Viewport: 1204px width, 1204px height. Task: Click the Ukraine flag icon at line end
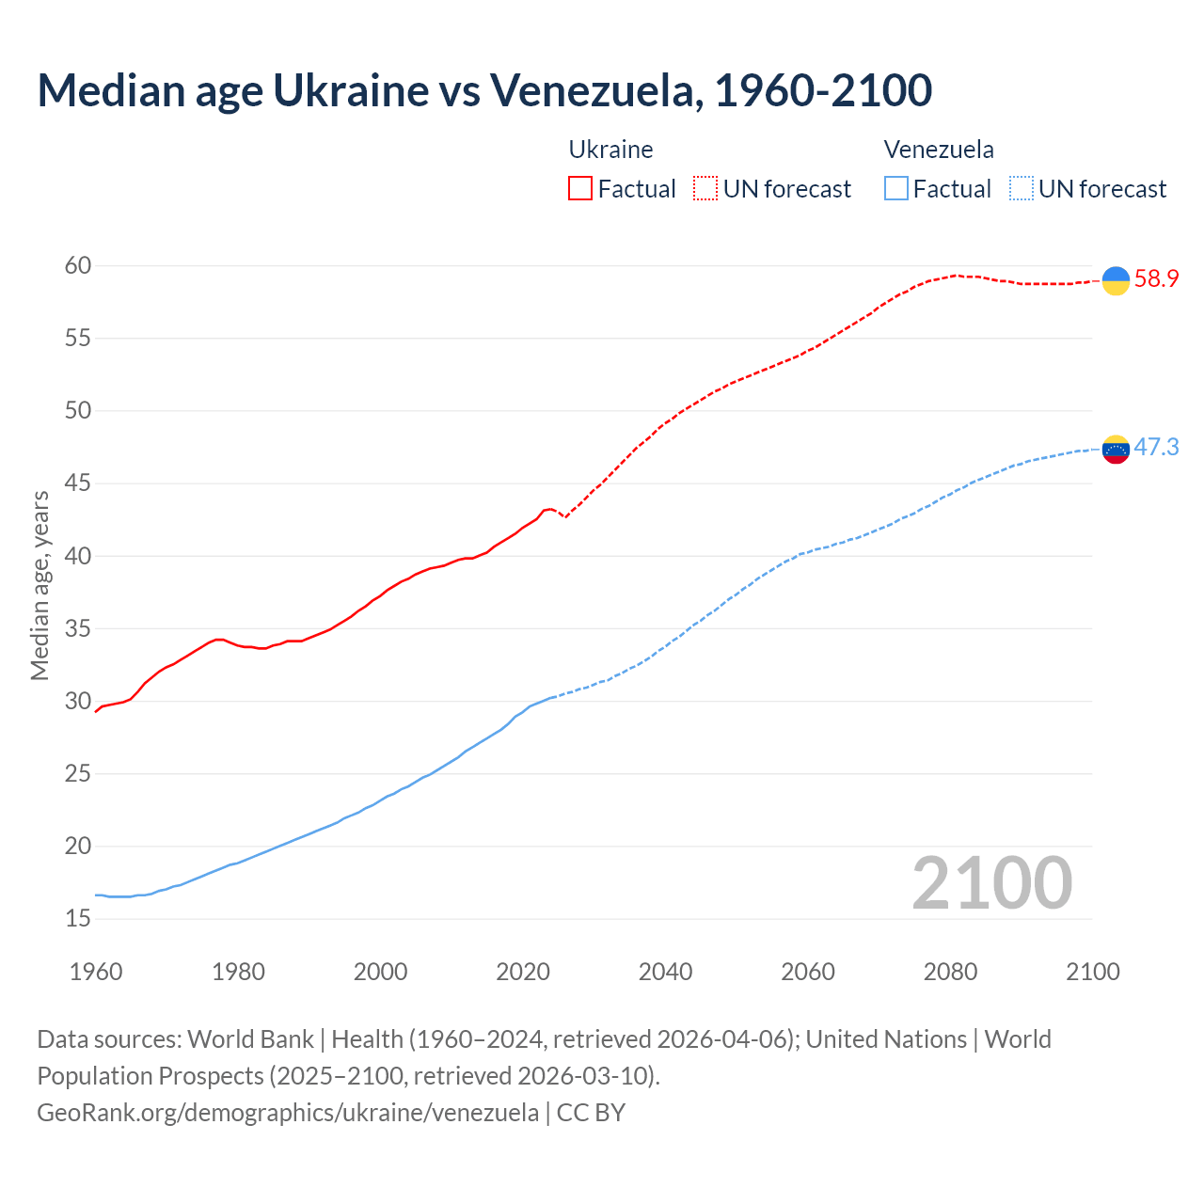[x=1116, y=280]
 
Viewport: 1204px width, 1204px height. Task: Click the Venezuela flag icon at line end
[x=1116, y=449]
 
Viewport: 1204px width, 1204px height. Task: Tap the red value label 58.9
[x=1156, y=279]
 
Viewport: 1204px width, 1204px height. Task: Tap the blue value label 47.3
[x=1156, y=447]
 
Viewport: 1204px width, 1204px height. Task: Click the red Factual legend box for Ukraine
[x=580, y=188]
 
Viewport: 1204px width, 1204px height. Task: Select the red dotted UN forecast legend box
[x=705, y=188]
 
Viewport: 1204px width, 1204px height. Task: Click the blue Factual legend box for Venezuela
[x=896, y=188]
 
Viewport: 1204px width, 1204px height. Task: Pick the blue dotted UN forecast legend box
[x=1022, y=188]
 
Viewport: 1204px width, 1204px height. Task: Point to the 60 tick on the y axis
[x=78, y=265]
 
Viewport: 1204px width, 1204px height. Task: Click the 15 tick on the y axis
[x=78, y=918]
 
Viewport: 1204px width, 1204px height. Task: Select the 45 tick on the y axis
[x=78, y=483]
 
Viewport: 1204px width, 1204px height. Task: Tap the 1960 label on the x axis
[x=96, y=972]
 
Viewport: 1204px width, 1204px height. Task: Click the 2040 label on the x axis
[x=665, y=972]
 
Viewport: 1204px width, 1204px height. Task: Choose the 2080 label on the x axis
[x=950, y=972]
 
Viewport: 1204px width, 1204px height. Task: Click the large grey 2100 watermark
[x=991, y=882]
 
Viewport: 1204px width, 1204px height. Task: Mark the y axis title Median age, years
[x=40, y=585]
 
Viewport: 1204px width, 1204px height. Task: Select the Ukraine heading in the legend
[x=610, y=150]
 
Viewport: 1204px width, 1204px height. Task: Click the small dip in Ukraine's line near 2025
[x=565, y=516]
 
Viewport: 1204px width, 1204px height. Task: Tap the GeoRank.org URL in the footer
[x=288, y=1113]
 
